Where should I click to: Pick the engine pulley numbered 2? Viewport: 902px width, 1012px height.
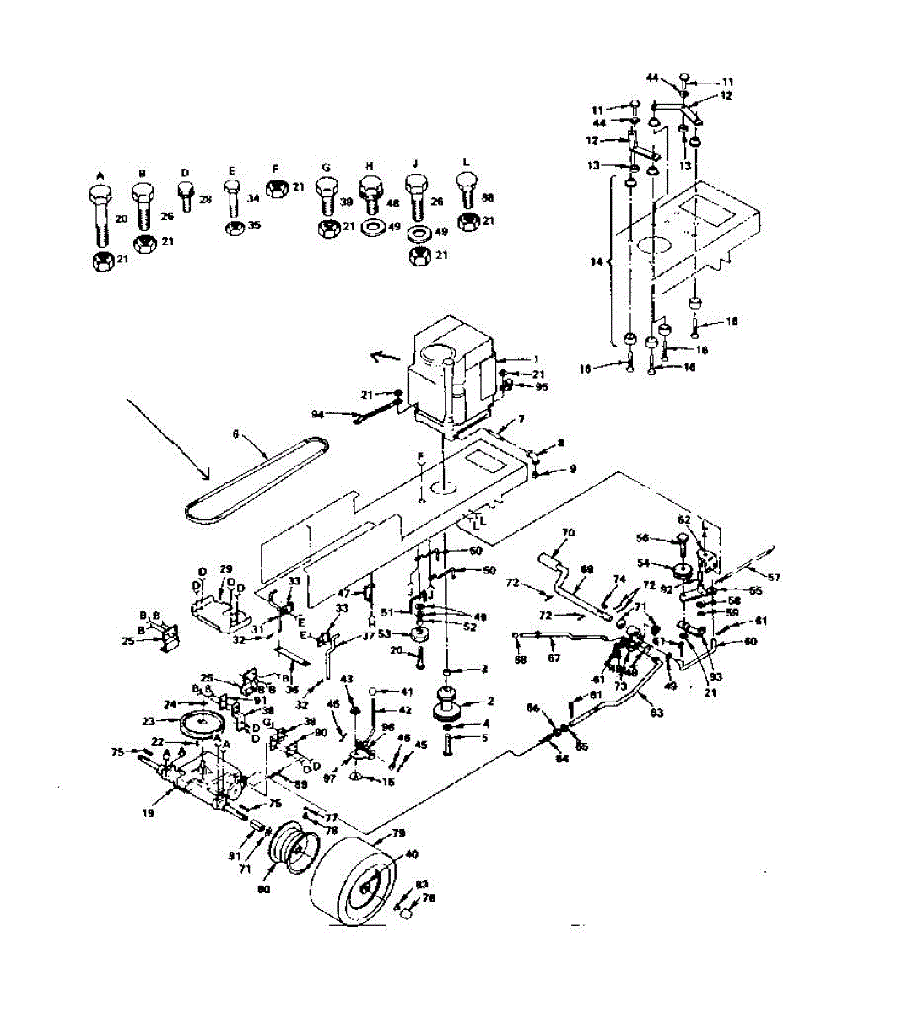click(449, 703)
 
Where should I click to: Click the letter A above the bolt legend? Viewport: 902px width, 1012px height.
click(100, 175)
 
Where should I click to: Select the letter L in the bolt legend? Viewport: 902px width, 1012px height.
click(467, 161)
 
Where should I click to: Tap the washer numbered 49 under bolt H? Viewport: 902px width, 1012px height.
click(370, 228)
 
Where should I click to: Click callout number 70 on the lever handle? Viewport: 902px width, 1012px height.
click(567, 533)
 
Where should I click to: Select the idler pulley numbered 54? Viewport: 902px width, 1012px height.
click(682, 567)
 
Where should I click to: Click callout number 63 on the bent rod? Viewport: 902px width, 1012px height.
click(656, 713)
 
